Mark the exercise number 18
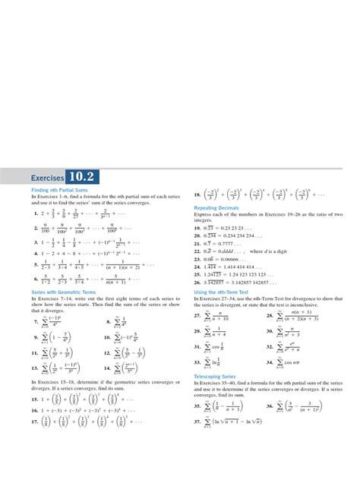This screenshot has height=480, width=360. [197, 194]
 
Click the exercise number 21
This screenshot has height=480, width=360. [197, 244]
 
